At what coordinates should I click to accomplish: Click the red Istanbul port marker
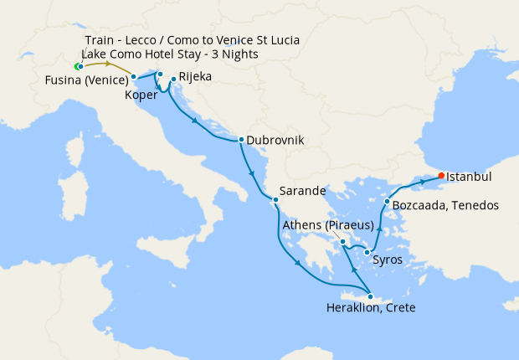(x=441, y=176)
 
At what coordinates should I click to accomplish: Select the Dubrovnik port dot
(x=241, y=140)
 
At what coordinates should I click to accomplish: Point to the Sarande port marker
(x=275, y=199)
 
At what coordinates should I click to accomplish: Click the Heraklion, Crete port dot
(x=370, y=296)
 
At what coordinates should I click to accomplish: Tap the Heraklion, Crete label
(x=370, y=308)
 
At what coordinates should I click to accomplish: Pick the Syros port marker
(x=367, y=252)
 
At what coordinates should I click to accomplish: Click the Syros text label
(x=387, y=260)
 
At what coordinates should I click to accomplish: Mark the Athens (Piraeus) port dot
(x=343, y=242)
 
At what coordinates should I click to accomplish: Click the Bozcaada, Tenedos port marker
(x=386, y=202)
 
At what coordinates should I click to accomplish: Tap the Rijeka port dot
(x=172, y=80)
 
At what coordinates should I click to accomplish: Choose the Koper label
(x=140, y=95)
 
